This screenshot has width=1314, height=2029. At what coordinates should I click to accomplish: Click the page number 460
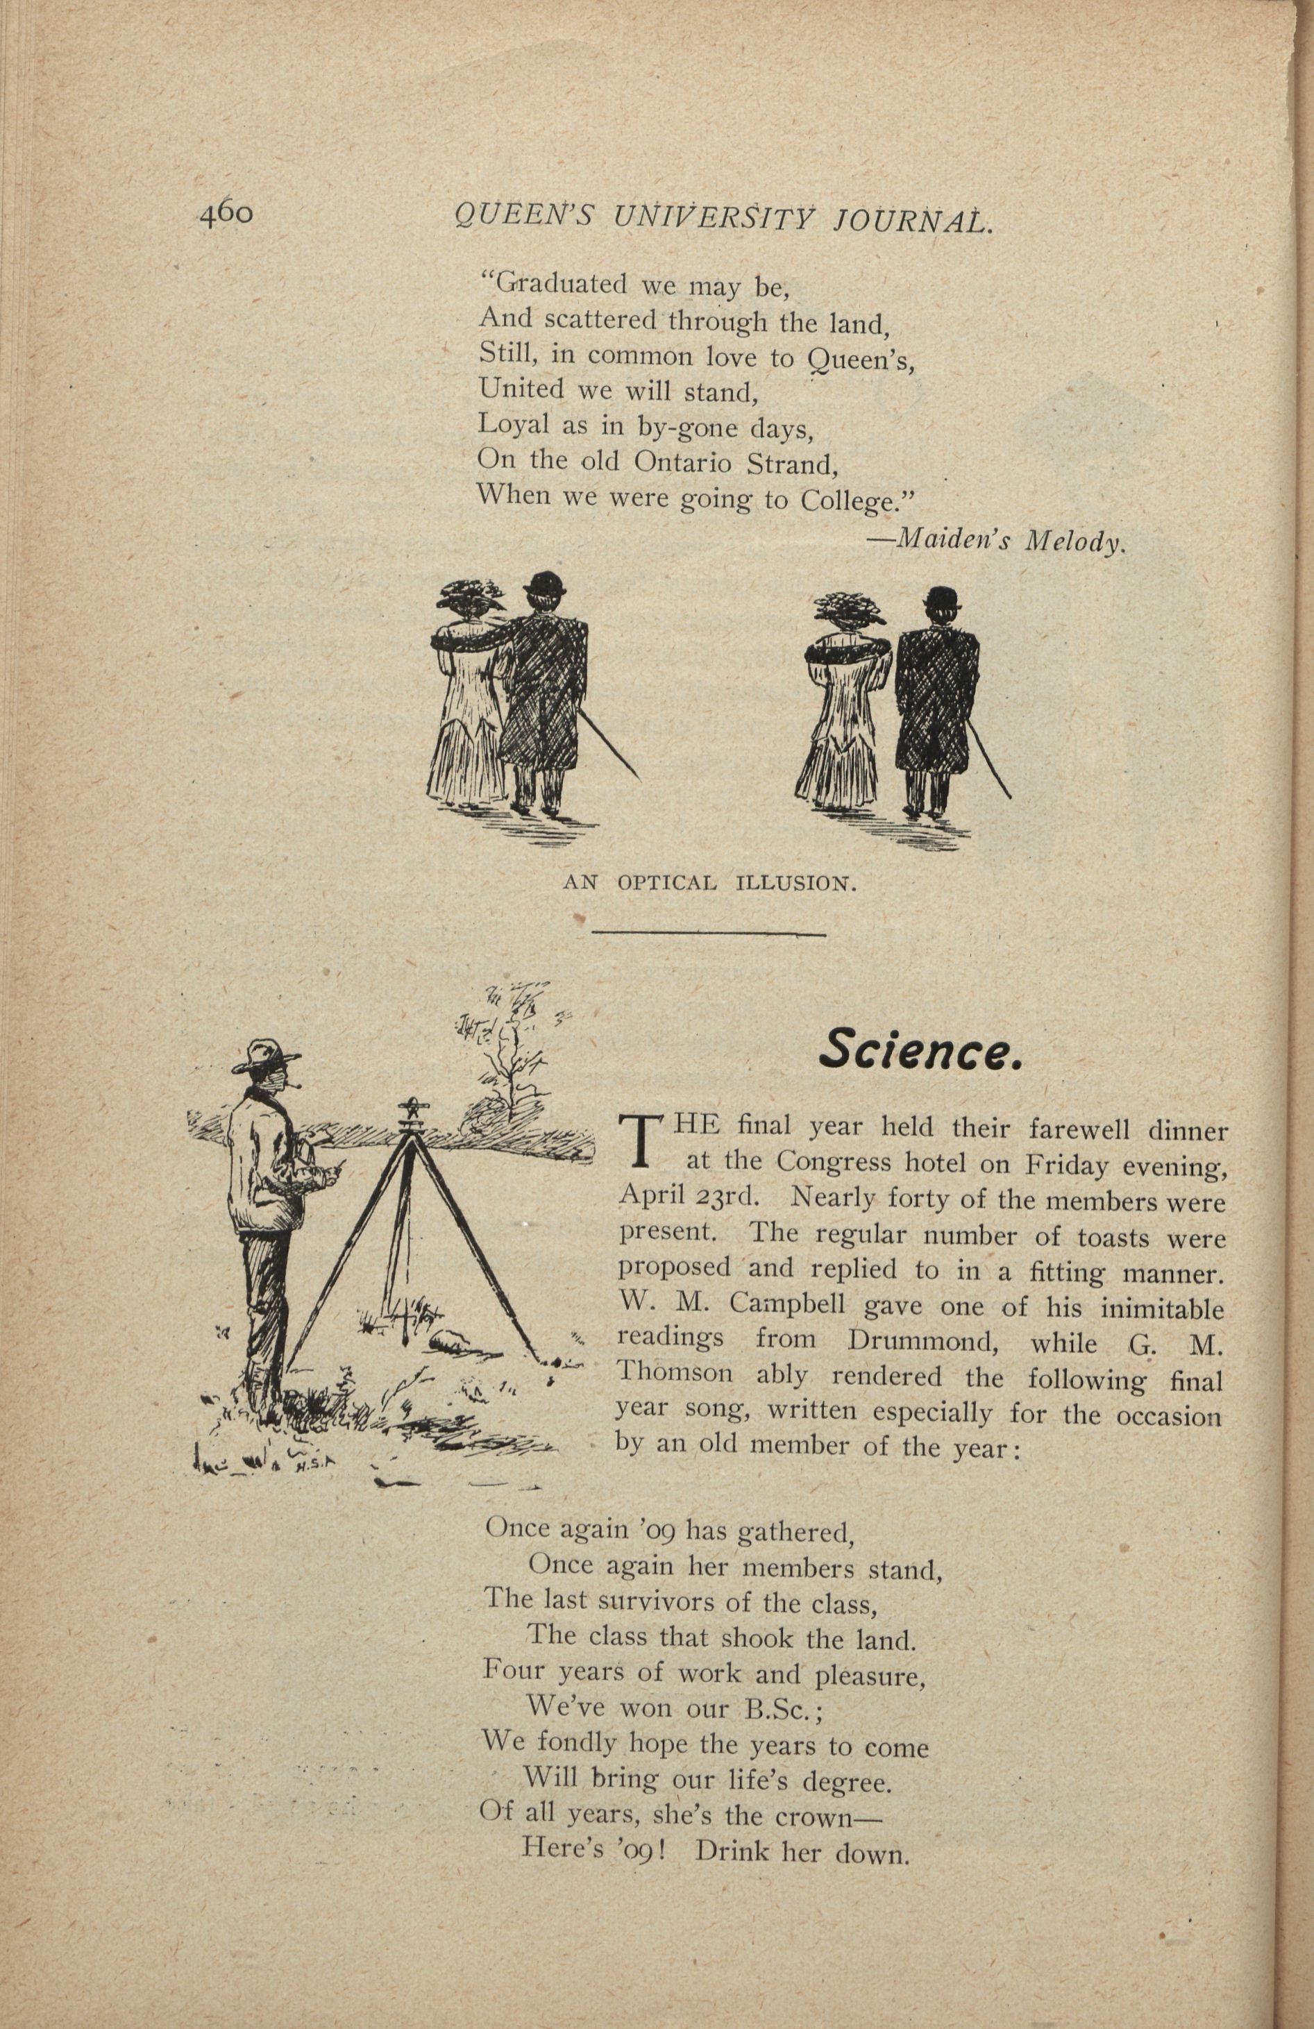point(226,214)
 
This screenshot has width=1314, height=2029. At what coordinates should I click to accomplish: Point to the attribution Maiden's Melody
point(997,541)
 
